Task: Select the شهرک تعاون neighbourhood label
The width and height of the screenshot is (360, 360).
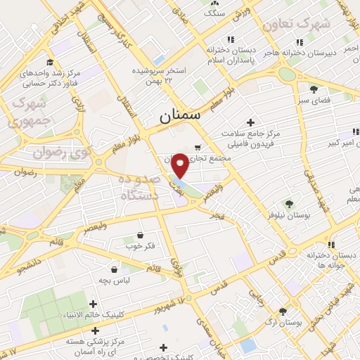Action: pyautogui.click(x=297, y=24)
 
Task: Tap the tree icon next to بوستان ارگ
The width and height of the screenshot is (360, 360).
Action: pyautogui.click(x=283, y=311)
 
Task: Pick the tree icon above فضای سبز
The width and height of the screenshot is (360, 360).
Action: pyautogui.click(x=314, y=89)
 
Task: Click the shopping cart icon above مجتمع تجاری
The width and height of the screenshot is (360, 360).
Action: pyautogui.click(x=198, y=148)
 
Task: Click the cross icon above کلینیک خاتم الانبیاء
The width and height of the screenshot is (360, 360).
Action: pyautogui.click(x=94, y=304)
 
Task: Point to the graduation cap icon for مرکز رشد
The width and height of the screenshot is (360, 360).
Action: pyautogui.click(x=50, y=62)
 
